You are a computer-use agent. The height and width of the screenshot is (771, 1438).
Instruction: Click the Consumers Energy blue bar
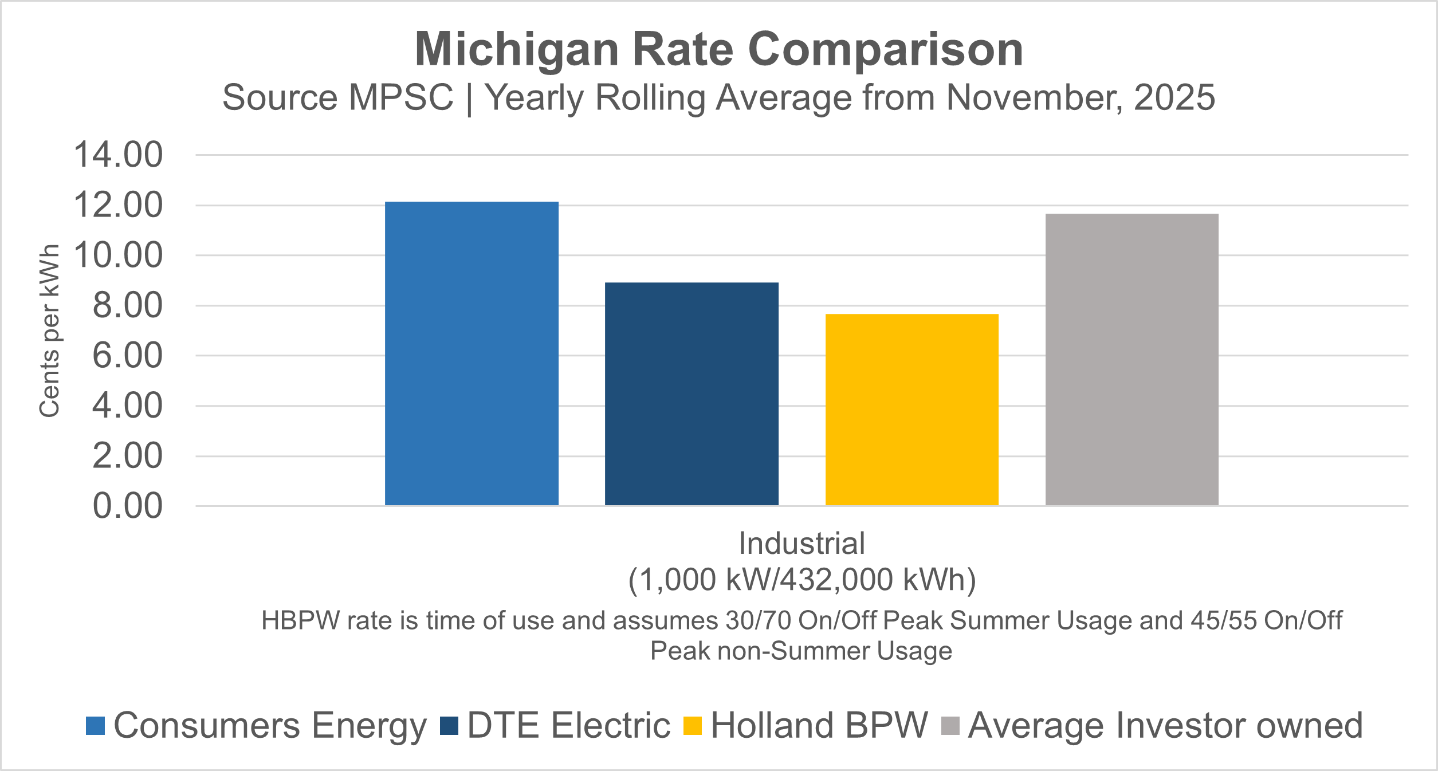(472, 353)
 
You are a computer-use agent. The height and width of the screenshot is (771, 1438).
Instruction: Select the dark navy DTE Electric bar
(692, 394)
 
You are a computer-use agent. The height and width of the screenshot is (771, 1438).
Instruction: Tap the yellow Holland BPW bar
(911, 410)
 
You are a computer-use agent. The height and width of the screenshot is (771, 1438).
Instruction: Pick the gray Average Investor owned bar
(1131, 359)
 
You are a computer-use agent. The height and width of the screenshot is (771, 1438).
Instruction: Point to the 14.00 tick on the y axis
(118, 155)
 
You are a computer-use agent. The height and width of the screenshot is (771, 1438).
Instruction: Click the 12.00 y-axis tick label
(118, 205)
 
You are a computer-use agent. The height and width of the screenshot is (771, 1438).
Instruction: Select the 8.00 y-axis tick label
(127, 305)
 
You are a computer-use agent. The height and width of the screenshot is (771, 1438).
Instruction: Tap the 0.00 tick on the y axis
(127, 506)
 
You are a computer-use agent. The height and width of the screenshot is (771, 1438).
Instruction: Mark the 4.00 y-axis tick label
(127, 406)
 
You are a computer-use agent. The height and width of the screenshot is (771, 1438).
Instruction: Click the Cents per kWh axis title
(50, 331)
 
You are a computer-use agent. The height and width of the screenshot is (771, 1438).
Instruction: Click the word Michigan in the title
(516, 50)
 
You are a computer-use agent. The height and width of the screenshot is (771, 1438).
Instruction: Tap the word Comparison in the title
(885, 50)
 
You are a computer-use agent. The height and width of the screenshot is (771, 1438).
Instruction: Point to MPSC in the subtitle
(401, 97)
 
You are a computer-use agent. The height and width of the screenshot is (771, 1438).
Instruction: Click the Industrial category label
(801, 543)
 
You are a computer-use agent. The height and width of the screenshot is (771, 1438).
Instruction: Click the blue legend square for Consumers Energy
(95, 726)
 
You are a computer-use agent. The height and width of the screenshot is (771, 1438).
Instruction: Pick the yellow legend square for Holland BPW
(693, 726)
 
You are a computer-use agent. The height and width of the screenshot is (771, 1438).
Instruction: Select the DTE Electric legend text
(568, 726)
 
